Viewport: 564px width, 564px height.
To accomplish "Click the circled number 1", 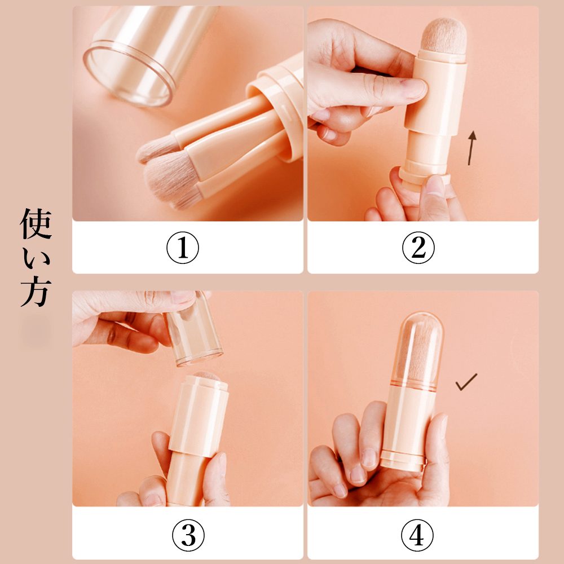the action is coord(182,248).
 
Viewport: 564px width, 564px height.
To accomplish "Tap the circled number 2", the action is coord(418,248).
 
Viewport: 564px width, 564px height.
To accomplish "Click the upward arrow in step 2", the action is coord(471,148).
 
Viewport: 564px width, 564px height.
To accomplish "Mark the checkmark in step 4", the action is coord(466,382).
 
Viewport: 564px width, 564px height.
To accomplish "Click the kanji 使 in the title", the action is coord(36,224).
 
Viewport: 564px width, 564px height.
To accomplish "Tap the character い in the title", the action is coord(36,258).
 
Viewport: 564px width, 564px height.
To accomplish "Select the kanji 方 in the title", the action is coord(36,292).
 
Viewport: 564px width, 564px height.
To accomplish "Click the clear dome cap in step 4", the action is coord(419,351).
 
